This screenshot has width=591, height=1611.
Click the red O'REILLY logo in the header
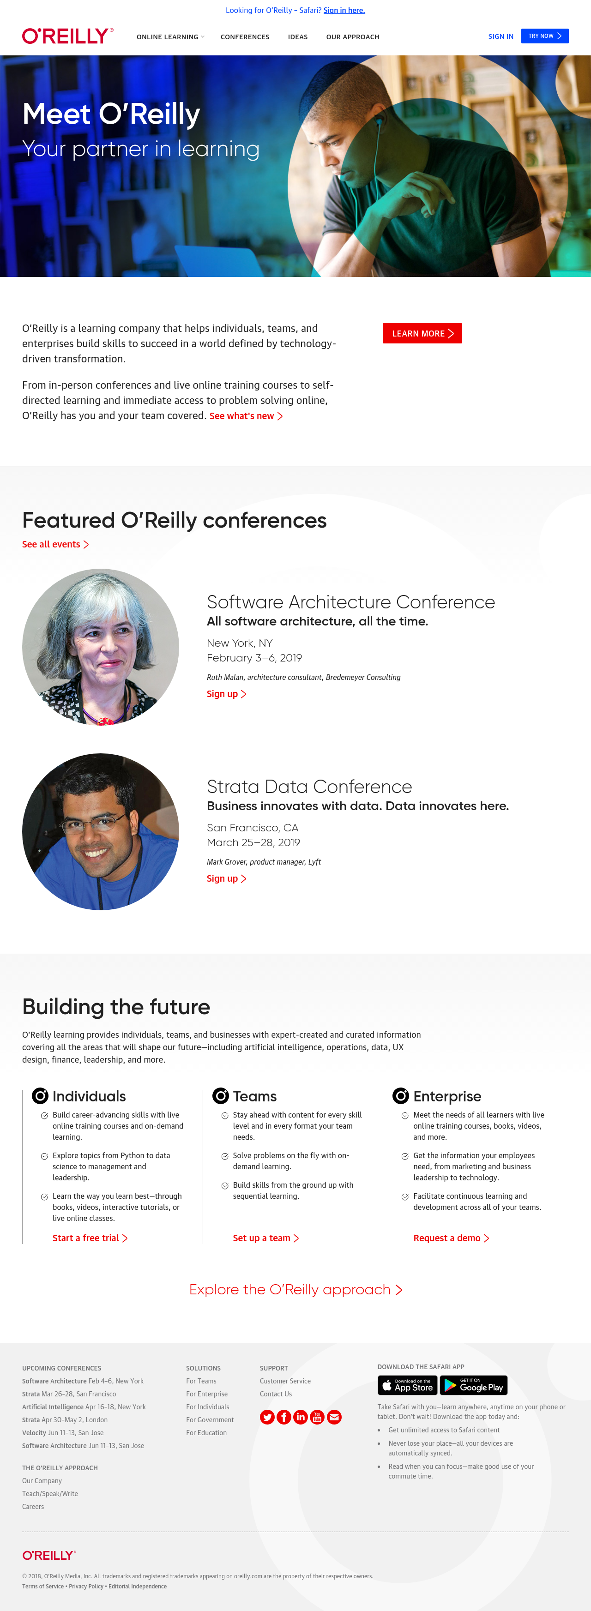[67, 36]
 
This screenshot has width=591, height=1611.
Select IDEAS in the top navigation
[298, 37]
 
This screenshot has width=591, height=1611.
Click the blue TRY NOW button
[545, 36]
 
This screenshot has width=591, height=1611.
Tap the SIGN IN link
[501, 37]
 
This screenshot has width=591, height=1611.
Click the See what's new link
[246, 416]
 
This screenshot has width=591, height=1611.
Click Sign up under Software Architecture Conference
[226, 694]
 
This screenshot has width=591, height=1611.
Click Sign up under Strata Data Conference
[226, 879]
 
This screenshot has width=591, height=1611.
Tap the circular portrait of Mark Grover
[101, 832]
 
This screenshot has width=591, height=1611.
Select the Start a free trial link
[90, 1238]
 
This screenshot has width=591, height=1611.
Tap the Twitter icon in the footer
[267, 1417]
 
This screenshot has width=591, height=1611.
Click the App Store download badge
[407, 1385]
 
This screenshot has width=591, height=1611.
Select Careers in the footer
[33, 1507]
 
